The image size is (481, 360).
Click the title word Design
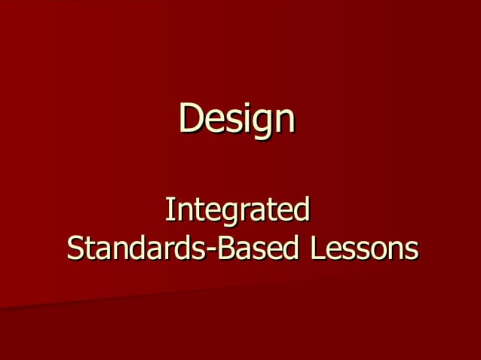coord(237,118)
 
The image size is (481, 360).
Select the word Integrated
coord(237,210)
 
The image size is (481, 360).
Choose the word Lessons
coord(361,247)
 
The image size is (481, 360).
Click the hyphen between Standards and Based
coord(210,250)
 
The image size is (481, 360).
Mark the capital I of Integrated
coord(168,209)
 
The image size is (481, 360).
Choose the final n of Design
coord(283,120)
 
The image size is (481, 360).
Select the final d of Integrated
coord(302,209)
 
